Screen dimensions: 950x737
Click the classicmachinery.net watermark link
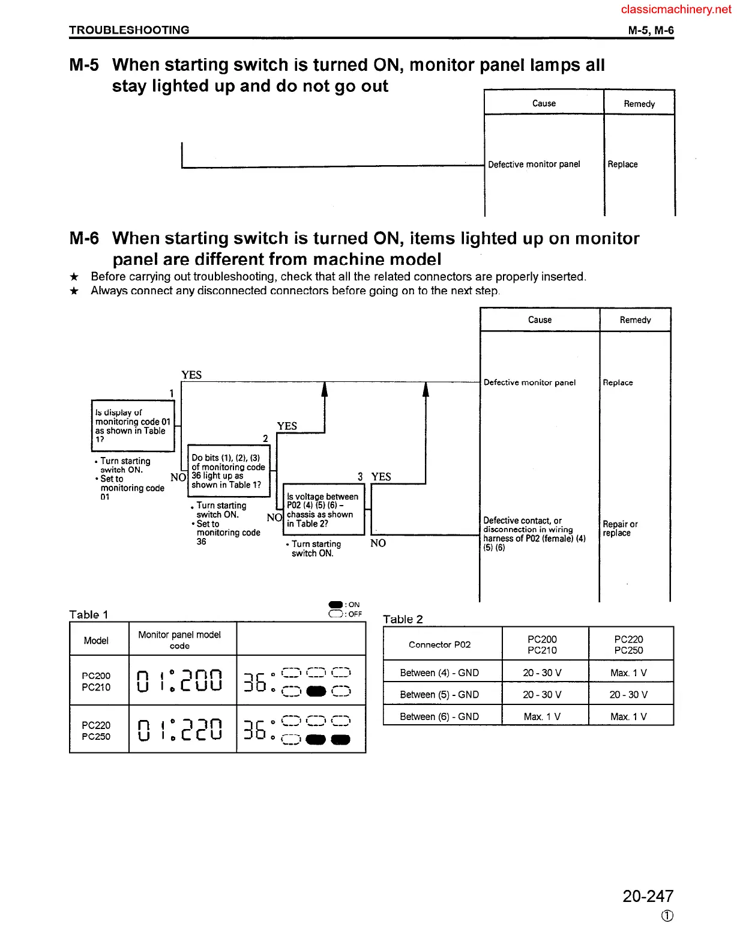676,9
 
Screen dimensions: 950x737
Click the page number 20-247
648,896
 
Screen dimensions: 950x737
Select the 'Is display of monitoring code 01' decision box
133,425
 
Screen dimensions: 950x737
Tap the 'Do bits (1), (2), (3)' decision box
228,471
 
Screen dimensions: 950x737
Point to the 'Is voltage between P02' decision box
323,509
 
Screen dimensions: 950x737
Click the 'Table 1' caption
88,614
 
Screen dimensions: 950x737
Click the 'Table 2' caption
403,619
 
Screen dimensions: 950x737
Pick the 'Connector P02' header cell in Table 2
439,644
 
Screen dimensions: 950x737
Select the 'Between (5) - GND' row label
439,694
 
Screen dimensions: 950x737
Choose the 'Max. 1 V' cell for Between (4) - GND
628,673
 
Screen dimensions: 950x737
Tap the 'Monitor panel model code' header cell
179,640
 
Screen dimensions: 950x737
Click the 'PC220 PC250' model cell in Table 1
96,730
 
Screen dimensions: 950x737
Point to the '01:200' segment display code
180,680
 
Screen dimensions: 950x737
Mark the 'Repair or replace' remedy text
620,528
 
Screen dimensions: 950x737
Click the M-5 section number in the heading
84,65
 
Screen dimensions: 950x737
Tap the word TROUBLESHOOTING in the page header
129,30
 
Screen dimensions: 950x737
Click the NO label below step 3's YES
378,543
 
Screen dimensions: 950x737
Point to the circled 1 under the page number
667,916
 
